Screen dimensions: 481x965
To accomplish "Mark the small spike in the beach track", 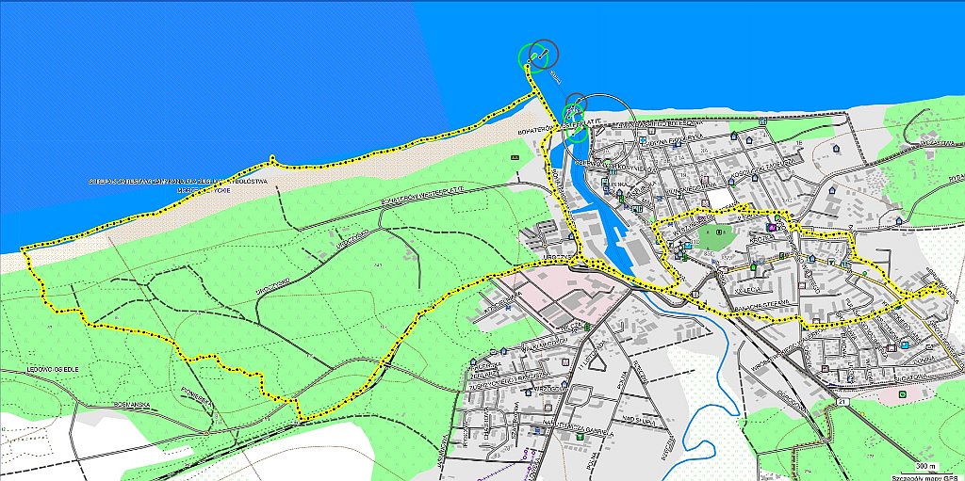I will click(271, 157).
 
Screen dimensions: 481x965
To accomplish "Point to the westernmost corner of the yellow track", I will click(23, 249).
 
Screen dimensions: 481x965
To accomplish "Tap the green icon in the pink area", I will click(588, 327).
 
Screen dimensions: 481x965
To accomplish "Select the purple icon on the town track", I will click(772, 227).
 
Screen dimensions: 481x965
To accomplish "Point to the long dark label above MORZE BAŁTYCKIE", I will click(179, 181).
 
